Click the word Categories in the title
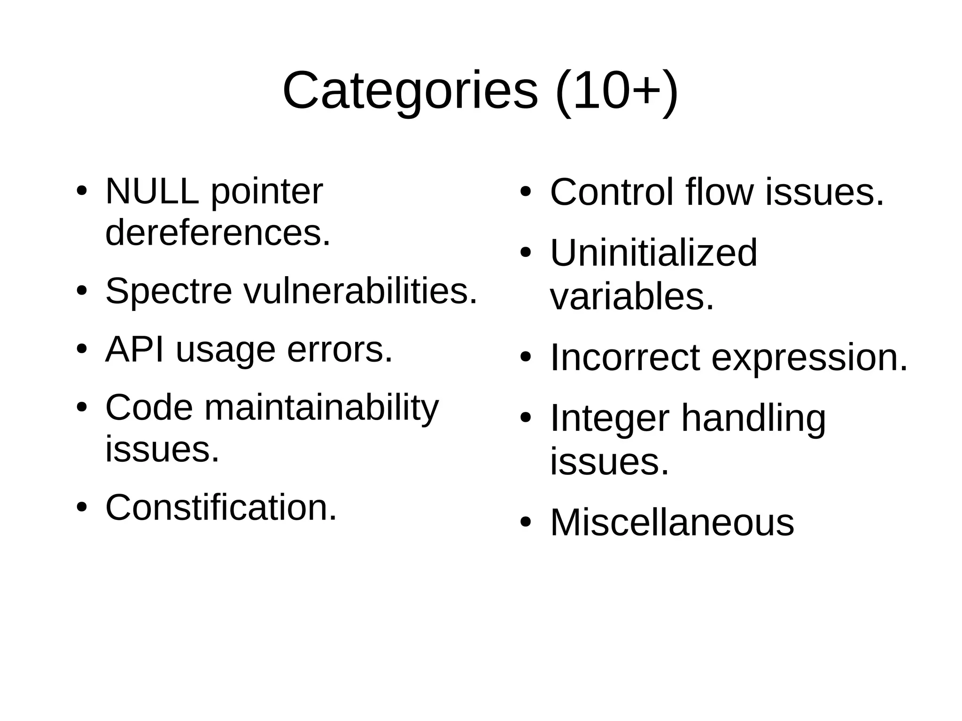tap(410, 90)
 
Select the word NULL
tap(152, 191)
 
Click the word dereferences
tap(218, 233)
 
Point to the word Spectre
tap(169, 291)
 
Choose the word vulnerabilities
tap(360, 291)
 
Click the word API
tap(135, 349)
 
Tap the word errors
tap(340, 349)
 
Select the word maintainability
tap(321, 408)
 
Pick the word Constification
tap(221, 507)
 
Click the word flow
tap(719, 192)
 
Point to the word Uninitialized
tap(653, 253)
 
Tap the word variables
tap(632, 297)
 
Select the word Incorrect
tap(625, 358)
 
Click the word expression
tap(810, 358)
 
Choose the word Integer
tap(609, 418)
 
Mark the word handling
tap(753, 418)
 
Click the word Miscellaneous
tap(672, 522)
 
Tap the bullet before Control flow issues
tap(525, 192)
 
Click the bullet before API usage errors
tap(82, 350)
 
